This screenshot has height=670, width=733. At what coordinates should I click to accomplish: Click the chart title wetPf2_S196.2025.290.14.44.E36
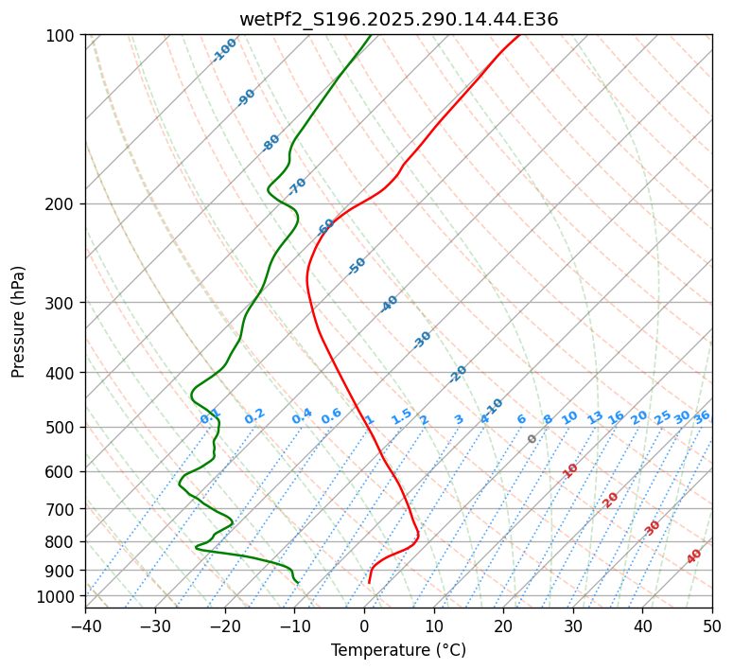click(x=398, y=19)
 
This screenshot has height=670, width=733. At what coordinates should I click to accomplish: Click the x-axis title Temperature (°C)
click(x=398, y=650)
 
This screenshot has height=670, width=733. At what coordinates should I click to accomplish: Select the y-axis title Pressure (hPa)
click(x=18, y=321)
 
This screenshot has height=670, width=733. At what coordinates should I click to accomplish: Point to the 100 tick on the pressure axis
click(x=62, y=36)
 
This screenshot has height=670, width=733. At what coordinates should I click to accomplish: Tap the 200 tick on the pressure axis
click(x=62, y=204)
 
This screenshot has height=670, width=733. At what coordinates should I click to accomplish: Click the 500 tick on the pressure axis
click(x=62, y=428)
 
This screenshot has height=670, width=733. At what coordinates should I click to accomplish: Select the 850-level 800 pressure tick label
click(x=62, y=542)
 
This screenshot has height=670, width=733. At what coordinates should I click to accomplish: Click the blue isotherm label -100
click(x=225, y=50)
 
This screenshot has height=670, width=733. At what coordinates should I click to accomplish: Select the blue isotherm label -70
click(x=297, y=186)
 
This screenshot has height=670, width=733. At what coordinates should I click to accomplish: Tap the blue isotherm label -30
click(x=422, y=340)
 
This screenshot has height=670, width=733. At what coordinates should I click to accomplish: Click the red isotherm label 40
click(x=694, y=556)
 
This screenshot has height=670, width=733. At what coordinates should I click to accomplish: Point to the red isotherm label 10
click(x=570, y=470)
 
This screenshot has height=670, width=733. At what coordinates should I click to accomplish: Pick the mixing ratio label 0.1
click(x=210, y=416)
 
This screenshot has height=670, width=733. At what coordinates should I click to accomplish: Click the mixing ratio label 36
click(x=702, y=416)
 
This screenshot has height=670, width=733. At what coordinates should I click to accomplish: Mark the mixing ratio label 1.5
click(x=401, y=416)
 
